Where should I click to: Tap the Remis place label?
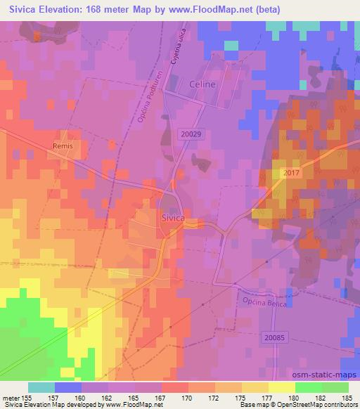[x=63, y=146]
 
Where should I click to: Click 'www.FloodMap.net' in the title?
[x=217, y=9]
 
